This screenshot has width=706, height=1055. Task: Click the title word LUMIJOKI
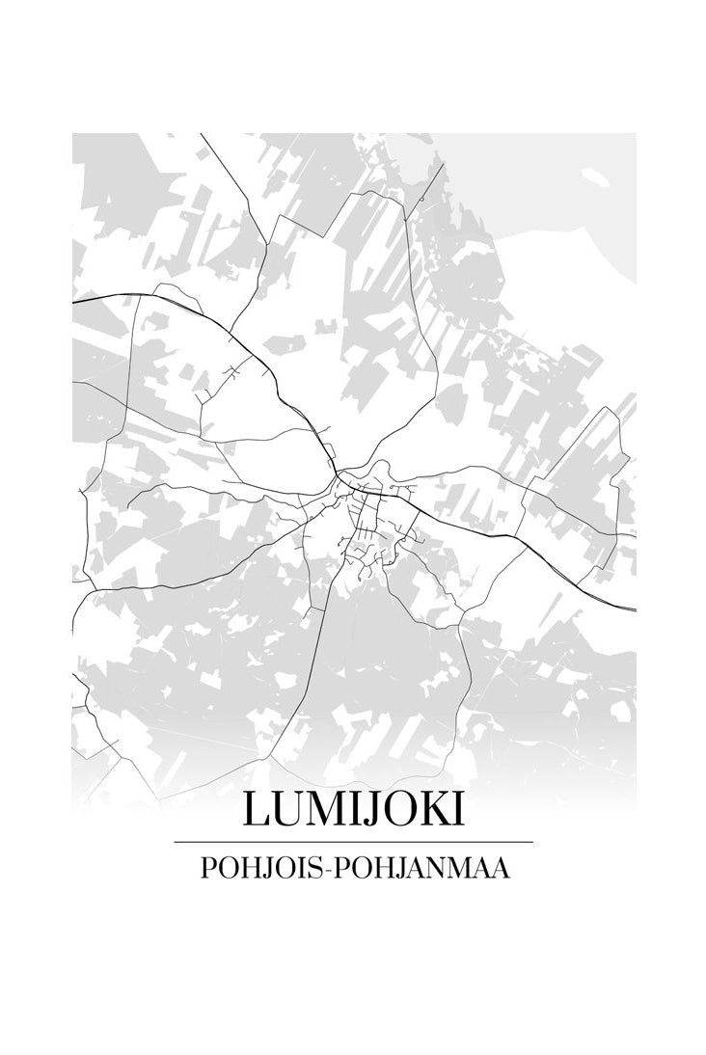coord(353,810)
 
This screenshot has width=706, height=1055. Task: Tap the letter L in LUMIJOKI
coord(256,810)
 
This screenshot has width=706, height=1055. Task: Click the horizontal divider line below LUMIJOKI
coord(353,843)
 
